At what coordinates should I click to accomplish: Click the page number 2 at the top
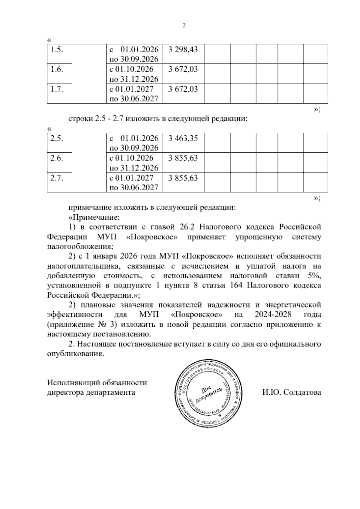[184, 26]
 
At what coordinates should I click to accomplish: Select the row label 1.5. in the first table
[56, 50]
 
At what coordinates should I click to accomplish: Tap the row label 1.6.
[56, 70]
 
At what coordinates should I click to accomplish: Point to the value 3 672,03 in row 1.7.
[183, 89]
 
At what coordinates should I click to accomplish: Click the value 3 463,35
[183, 138]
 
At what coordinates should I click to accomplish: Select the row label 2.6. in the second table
[56, 158]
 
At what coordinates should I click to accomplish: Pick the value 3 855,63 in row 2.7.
[183, 178]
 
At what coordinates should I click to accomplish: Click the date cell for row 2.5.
[134, 143]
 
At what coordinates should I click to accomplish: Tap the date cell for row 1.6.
[134, 74]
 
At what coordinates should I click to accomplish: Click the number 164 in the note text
[236, 285]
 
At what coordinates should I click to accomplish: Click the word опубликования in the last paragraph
[75, 354]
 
